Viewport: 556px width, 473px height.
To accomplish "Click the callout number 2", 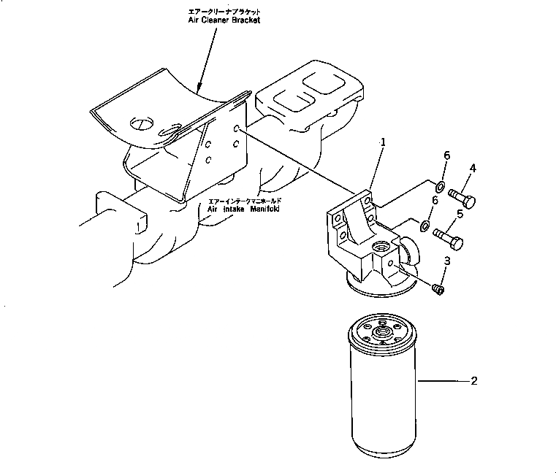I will [473, 380].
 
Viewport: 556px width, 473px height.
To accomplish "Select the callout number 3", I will [447, 261].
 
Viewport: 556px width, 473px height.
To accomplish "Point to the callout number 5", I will [460, 214].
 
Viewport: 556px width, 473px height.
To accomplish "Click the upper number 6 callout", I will [446, 156].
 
